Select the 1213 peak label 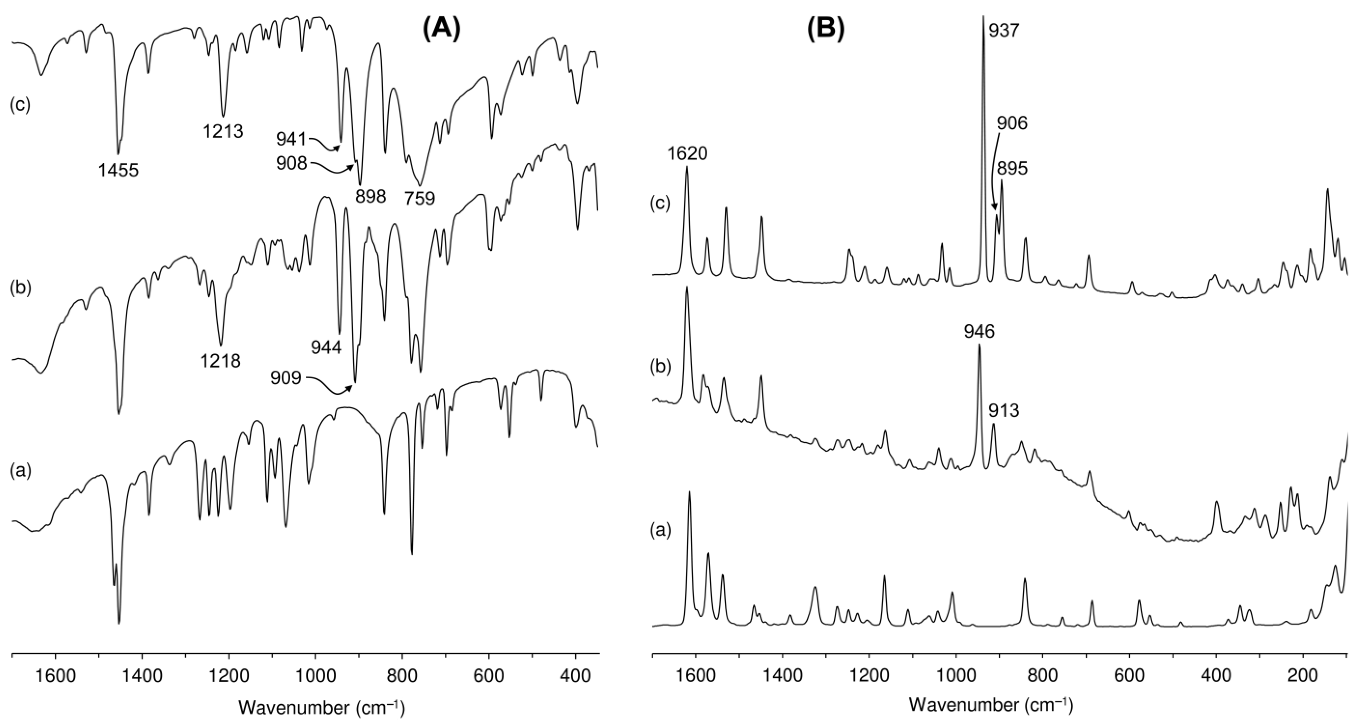tap(223, 131)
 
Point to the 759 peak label tap(420, 199)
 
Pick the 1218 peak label tap(220, 361)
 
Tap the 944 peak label tap(326, 347)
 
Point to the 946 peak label tap(979, 332)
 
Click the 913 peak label tap(1004, 410)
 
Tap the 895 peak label tap(1012, 169)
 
